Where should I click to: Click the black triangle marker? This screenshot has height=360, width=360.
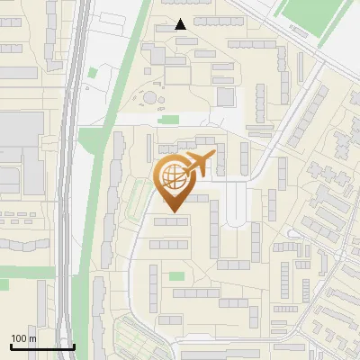181,24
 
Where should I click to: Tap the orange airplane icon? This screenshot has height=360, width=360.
199,164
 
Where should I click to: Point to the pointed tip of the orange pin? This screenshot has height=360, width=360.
172,212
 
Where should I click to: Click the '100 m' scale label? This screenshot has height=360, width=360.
22,337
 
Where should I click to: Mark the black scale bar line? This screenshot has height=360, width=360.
42,346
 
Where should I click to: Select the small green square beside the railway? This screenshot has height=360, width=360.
92,72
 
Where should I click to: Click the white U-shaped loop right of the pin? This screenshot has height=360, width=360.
236,202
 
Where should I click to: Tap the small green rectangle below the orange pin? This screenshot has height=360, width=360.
176,276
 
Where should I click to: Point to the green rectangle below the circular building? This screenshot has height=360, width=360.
168,118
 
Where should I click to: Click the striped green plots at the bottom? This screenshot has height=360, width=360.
144,343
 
